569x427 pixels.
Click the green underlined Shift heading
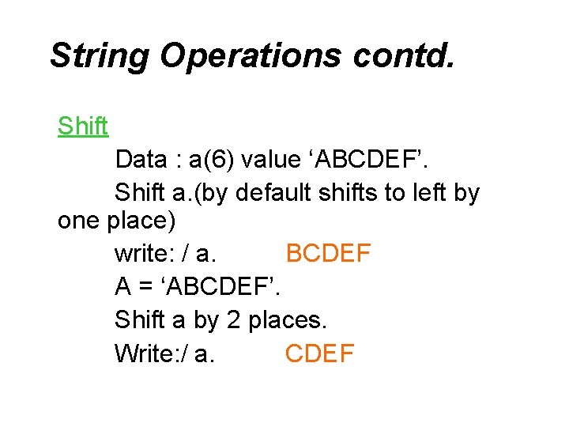coord(83,126)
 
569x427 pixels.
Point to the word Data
coord(141,160)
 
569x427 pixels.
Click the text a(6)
coord(211,160)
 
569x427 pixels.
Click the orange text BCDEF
coord(328,254)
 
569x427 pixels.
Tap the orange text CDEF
coord(320,353)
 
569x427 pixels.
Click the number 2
coord(234,320)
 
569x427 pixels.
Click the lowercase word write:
coord(143,254)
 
